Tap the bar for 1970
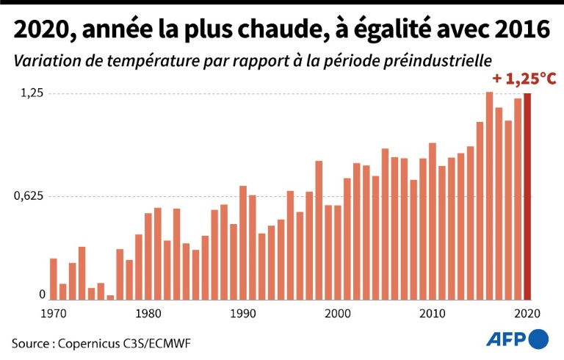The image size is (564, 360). [x=54, y=279]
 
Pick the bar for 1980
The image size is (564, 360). [x=148, y=256]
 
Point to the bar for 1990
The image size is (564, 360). [x=243, y=242]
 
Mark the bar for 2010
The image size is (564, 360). [x=433, y=221]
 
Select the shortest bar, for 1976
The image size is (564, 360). [x=110, y=298]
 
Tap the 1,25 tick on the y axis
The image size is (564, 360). [x=32, y=93]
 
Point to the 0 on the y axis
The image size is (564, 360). [x=43, y=294]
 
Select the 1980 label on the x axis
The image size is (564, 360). [x=148, y=314]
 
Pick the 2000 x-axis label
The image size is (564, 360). [x=338, y=314]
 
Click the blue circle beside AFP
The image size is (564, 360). [x=539, y=338]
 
